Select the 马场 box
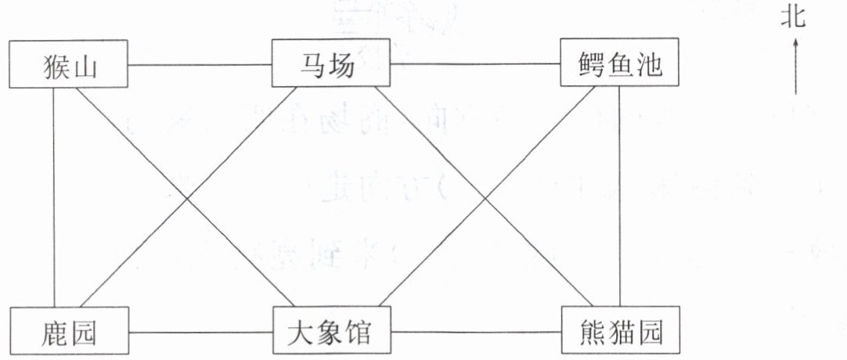coord(330,64)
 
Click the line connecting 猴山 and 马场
coord(200,64)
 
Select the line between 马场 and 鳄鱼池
coord(474,64)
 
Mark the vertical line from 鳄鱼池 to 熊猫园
coord(619,196)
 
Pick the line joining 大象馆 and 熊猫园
coord(476,334)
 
